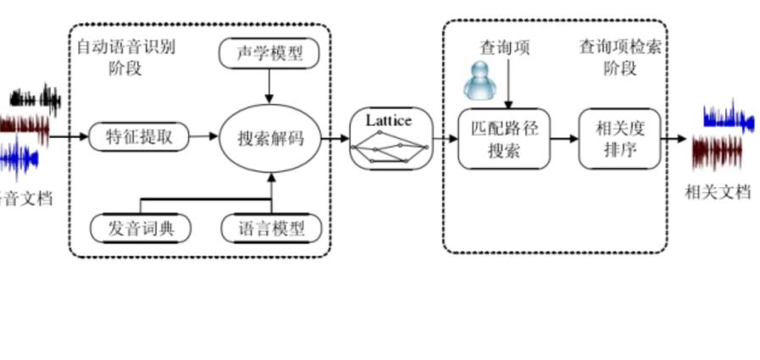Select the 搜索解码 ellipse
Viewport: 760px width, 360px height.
[x=270, y=138]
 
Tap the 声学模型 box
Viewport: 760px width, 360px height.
[x=269, y=54]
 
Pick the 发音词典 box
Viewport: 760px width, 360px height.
[x=140, y=228]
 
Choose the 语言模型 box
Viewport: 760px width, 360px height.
[x=272, y=228]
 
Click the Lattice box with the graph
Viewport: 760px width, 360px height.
[x=391, y=139]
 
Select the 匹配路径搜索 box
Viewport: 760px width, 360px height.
[x=503, y=139]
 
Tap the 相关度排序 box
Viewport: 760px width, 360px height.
[x=619, y=139]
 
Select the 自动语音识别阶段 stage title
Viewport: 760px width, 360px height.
[x=125, y=57]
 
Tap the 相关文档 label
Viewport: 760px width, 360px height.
[x=718, y=191]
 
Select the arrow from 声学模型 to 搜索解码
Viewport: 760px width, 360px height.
[x=269, y=85]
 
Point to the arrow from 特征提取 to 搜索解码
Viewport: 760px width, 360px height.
[x=203, y=136]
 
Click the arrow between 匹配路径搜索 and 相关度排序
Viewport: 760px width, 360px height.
[x=564, y=139]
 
